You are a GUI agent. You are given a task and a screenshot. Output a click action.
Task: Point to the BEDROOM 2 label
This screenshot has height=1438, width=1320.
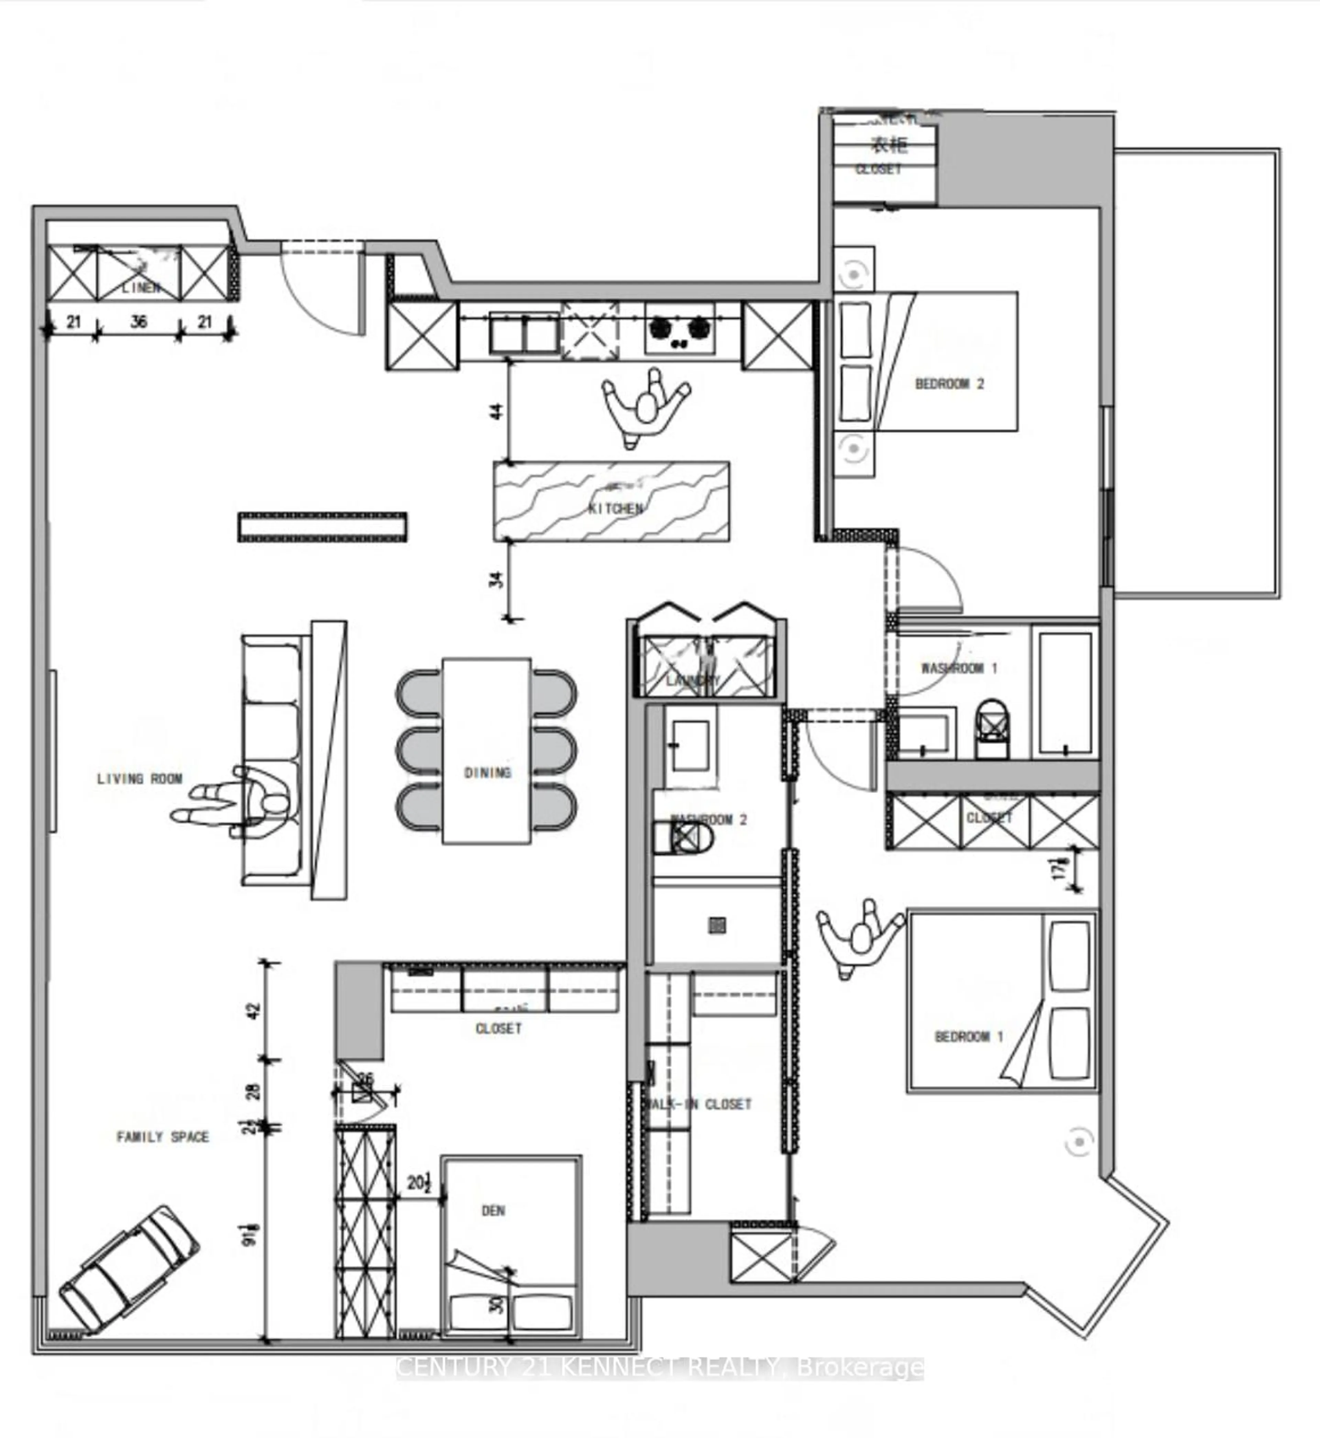click(949, 384)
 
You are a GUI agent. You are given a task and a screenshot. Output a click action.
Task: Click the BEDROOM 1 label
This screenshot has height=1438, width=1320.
click(969, 1036)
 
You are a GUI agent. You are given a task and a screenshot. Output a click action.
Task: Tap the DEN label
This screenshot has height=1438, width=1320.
click(493, 1210)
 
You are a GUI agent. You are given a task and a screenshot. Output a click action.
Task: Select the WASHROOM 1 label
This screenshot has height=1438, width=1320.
click(959, 668)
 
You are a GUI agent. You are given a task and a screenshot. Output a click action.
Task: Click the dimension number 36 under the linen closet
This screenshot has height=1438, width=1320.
click(139, 322)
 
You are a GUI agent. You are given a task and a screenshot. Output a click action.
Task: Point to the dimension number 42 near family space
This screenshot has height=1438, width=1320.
click(255, 1010)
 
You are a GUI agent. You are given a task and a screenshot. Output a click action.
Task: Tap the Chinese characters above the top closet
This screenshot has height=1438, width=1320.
click(889, 145)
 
